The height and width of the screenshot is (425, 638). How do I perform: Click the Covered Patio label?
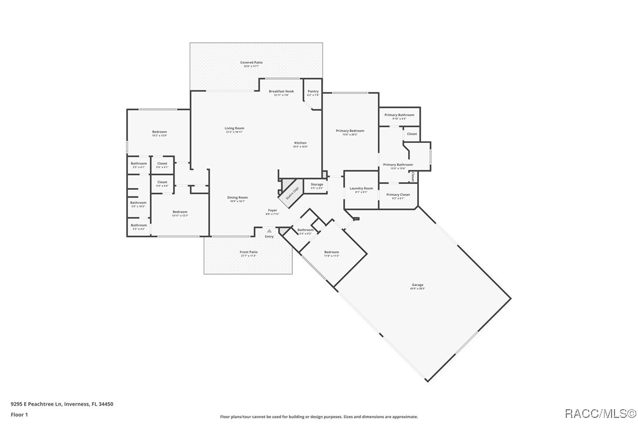tap(251, 63)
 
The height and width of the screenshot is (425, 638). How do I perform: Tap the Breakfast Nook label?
tap(281, 92)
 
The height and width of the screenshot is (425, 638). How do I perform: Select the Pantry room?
tap(313, 92)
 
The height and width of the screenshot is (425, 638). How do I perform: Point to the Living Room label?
tap(234, 129)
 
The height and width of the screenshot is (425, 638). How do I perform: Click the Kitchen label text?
tap(300, 143)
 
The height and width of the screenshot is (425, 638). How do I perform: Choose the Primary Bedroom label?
tap(350, 132)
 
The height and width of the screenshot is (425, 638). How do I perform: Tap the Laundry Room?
tap(361, 189)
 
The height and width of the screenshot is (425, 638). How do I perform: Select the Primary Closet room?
tap(398, 196)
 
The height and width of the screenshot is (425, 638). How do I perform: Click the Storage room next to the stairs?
tap(317, 185)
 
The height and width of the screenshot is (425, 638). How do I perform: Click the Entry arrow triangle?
tap(270, 230)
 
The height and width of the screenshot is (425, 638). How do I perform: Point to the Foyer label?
tap(273, 211)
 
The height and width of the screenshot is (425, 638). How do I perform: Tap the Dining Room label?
tap(237, 199)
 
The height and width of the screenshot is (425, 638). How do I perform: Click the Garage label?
tap(417, 286)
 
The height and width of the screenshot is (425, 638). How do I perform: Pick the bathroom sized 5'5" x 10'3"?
tap(139, 204)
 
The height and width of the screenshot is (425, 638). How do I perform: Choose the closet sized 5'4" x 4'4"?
tap(162, 183)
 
